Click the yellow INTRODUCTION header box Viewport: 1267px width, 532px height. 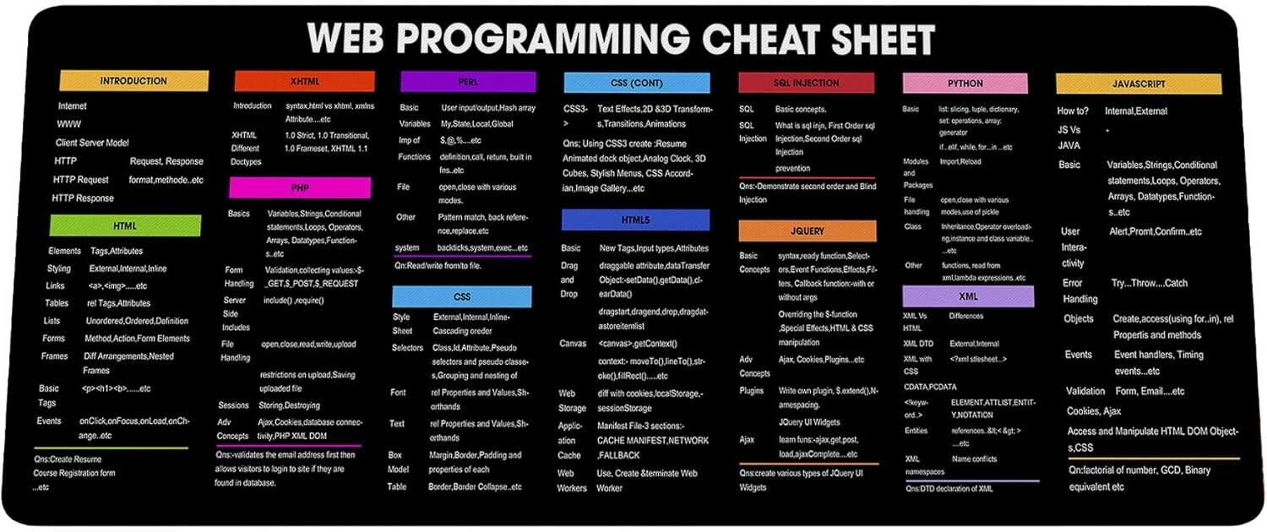(x=133, y=81)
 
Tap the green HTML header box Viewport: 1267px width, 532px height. (x=125, y=226)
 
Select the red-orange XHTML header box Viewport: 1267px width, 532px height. (x=304, y=81)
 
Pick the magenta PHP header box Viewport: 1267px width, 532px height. (x=300, y=187)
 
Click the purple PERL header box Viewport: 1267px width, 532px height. (x=468, y=82)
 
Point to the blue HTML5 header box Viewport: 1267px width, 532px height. (x=635, y=220)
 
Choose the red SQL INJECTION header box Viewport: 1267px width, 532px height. (x=807, y=83)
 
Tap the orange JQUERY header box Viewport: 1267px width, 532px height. (x=808, y=231)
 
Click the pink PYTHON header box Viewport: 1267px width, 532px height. (x=965, y=84)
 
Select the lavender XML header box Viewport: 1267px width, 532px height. (x=968, y=296)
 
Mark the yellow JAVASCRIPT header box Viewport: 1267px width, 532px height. (x=1138, y=84)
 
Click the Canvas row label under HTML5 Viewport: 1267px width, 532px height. (x=572, y=344)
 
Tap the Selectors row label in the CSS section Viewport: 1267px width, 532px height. (x=407, y=348)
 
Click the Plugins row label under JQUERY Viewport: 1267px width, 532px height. (x=751, y=391)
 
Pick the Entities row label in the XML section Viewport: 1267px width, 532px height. (x=916, y=431)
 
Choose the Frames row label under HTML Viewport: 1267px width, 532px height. (x=54, y=356)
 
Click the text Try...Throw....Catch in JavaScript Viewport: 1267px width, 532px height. (x=1149, y=283)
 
